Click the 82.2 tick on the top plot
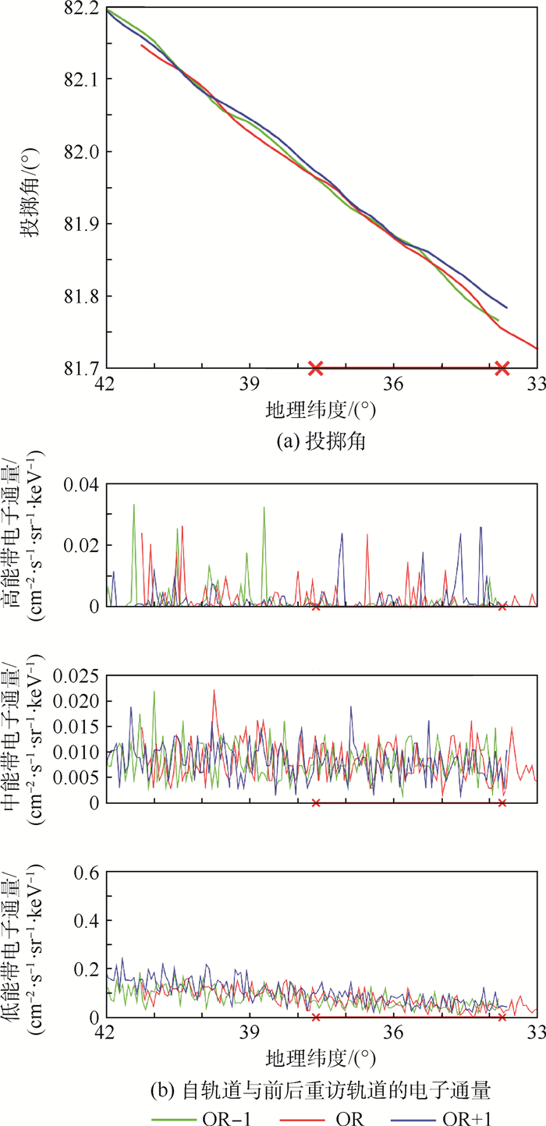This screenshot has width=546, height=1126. (x=82, y=9)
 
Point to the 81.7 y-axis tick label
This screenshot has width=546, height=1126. (x=82, y=367)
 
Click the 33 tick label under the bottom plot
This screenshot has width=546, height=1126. (x=537, y=1036)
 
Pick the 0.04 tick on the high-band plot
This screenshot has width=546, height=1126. (x=79, y=484)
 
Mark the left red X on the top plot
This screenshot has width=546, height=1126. (x=316, y=368)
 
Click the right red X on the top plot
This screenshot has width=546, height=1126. (x=502, y=368)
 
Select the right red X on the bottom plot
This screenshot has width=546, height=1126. (x=502, y=1017)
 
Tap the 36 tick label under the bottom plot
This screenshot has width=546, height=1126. (x=393, y=1036)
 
